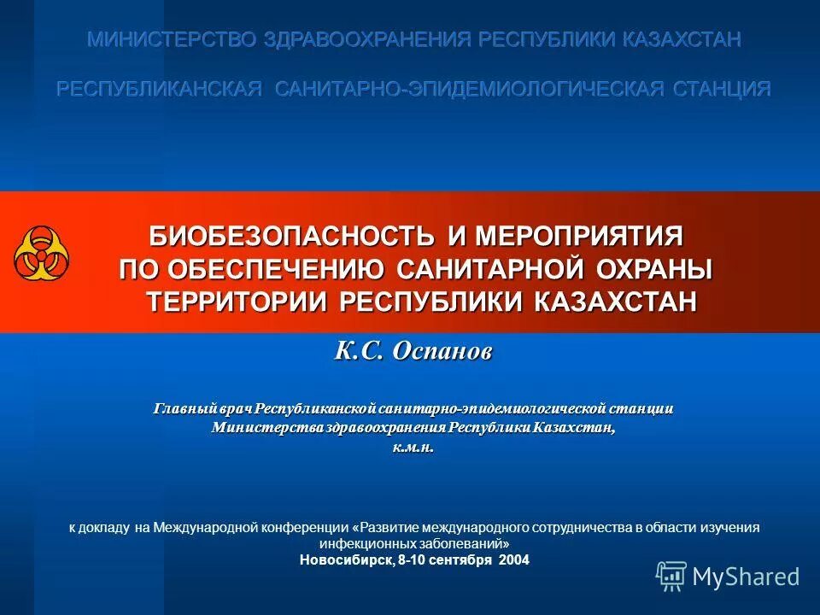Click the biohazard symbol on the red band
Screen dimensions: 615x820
42,254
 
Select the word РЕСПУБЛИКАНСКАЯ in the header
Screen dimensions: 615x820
159,89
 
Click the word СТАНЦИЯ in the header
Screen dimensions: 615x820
722,89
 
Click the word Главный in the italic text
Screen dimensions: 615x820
181,409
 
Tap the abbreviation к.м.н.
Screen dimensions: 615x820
413,447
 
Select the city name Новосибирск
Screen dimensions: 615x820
346,560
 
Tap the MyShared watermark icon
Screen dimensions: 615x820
671,577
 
